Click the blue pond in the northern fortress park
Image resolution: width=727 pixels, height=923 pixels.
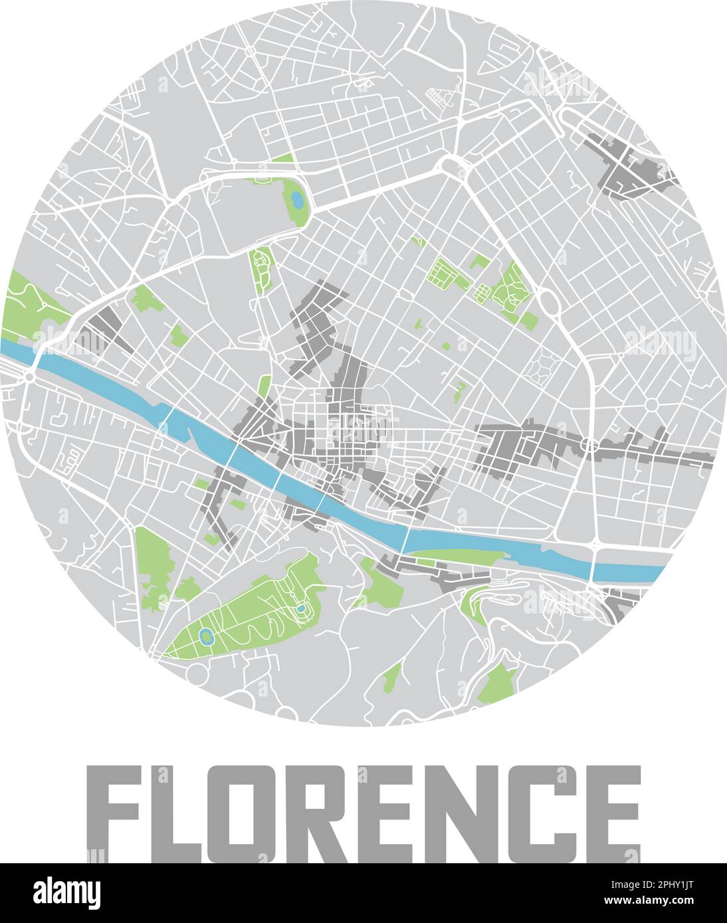(x=296, y=199)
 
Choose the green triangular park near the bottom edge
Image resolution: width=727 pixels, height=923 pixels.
(x=497, y=684)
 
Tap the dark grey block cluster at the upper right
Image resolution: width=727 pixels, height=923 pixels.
(x=631, y=169)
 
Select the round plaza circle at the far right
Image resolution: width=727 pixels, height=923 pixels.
(x=651, y=404)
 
